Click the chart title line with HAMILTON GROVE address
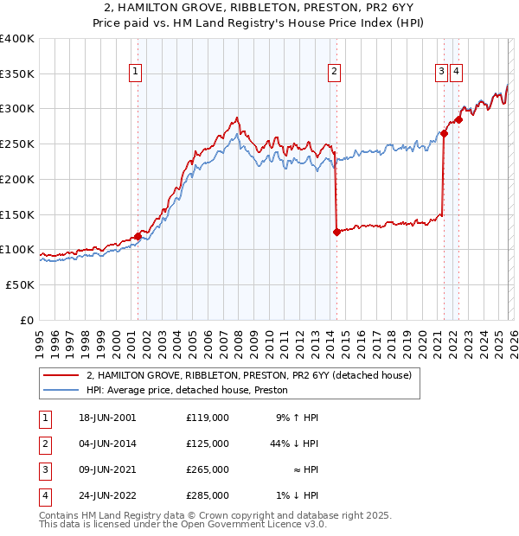tap(259, 9)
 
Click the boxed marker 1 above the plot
tap(137, 73)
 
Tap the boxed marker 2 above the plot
tap(334, 73)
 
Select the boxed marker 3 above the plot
tap(441, 73)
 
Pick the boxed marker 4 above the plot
tap(456, 73)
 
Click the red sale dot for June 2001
tap(138, 236)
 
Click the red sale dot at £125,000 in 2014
tap(336, 232)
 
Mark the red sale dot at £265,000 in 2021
tap(444, 133)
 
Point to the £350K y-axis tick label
tap(17, 74)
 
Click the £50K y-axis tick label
tap(19, 284)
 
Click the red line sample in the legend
tap(61, 375)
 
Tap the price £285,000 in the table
tap(208, 495)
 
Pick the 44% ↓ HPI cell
tap(294, 443)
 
